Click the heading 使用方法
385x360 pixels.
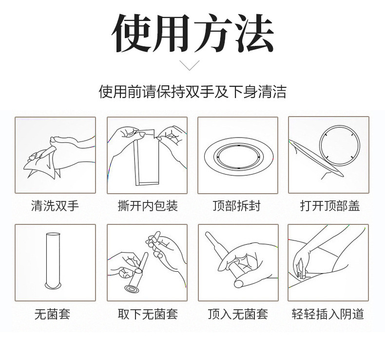193,33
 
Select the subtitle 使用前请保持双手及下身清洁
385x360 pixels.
192,92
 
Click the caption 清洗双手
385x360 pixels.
55,206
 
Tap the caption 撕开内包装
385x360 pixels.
148,206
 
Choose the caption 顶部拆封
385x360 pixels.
237,206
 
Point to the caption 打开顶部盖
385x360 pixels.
330,206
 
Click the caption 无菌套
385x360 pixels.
52,314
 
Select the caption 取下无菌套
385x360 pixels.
148,314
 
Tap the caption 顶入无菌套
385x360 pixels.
238,314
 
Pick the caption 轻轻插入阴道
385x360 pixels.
328,314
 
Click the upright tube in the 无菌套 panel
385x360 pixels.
53,260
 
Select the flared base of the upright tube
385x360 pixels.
53,286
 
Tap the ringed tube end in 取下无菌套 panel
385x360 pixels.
132,289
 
